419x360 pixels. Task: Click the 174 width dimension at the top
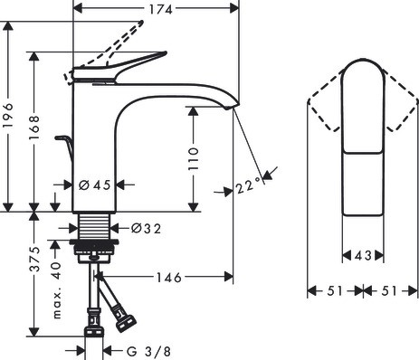161,9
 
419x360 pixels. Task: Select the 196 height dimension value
8,116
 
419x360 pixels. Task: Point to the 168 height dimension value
34,128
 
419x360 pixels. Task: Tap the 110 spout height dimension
194,159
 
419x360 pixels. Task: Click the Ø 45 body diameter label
95,185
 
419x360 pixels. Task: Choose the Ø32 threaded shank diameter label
146,229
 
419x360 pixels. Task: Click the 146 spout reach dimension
169,278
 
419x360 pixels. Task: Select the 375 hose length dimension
34,259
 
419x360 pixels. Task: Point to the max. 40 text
57,290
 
